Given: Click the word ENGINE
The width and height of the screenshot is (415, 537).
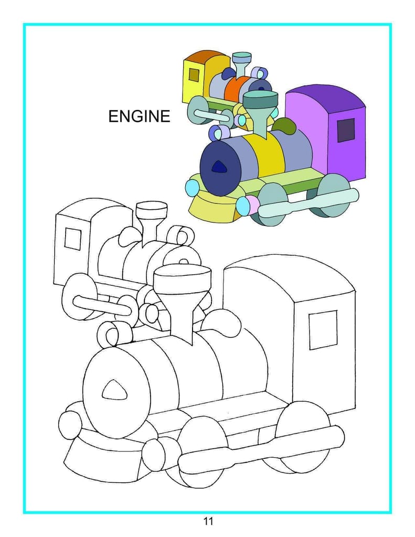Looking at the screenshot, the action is point(139,116).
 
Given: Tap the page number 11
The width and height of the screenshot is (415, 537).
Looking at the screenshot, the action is point(208,521).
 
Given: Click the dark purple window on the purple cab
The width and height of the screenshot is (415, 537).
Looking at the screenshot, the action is point(346,131).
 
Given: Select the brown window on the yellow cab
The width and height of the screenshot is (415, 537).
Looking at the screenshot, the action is point(194,75).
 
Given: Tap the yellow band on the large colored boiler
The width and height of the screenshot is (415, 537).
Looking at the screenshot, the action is point(267,155).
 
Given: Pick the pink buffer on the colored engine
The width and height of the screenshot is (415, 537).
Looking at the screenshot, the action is point(253,205).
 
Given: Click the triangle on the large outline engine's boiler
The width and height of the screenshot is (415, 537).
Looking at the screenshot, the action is point(114,390).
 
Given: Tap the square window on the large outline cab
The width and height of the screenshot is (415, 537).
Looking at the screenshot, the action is point(323,330).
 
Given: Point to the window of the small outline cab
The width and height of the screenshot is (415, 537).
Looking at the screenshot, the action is point(72,239).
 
